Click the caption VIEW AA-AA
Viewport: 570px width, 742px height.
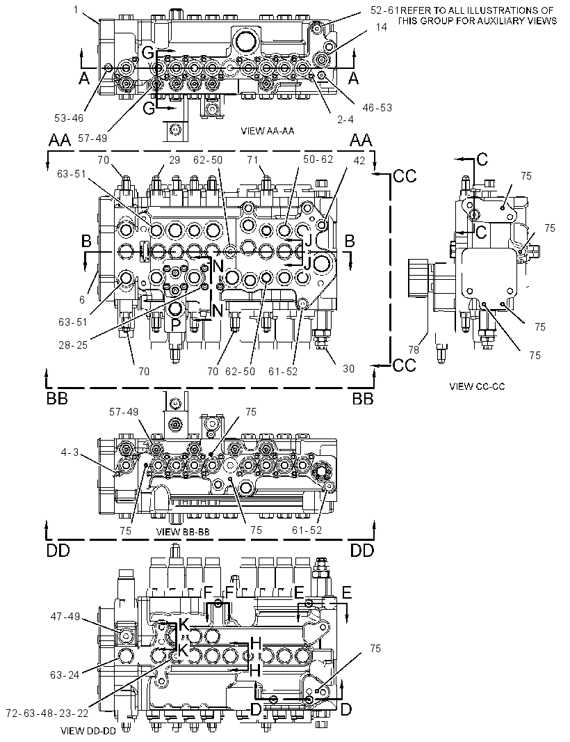click(268, 131)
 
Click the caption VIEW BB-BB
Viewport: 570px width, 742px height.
click(183, 531)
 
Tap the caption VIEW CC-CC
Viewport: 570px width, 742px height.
click(477, 386)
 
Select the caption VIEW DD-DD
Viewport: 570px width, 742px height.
click(88, 731)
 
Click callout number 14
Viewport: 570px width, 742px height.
click(381, 26)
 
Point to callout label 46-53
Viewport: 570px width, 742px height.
click(377, 107)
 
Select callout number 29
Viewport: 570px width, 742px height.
click(174, 159)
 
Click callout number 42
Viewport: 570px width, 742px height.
click(359, 160)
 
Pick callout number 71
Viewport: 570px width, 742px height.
click(253, 159)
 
